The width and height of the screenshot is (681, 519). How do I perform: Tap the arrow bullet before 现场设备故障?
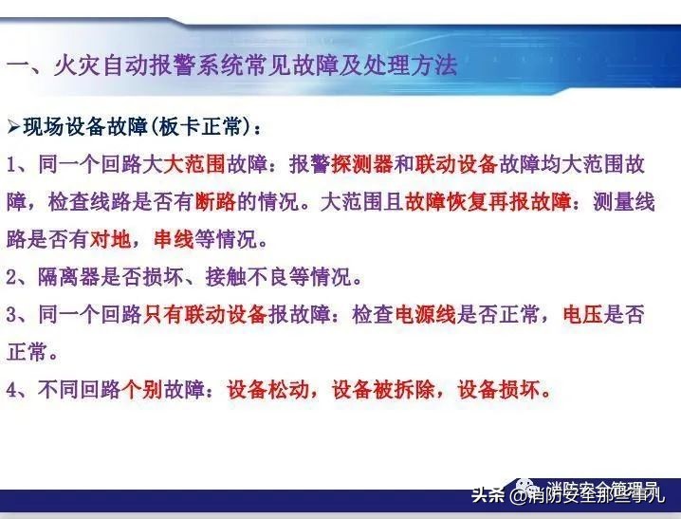(x=13, y=126)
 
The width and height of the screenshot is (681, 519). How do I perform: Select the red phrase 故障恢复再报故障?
(x=488, y=202)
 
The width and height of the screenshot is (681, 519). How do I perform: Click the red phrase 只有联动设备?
(x=206, y=315)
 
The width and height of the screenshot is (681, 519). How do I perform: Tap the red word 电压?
(x=581, y=315)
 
